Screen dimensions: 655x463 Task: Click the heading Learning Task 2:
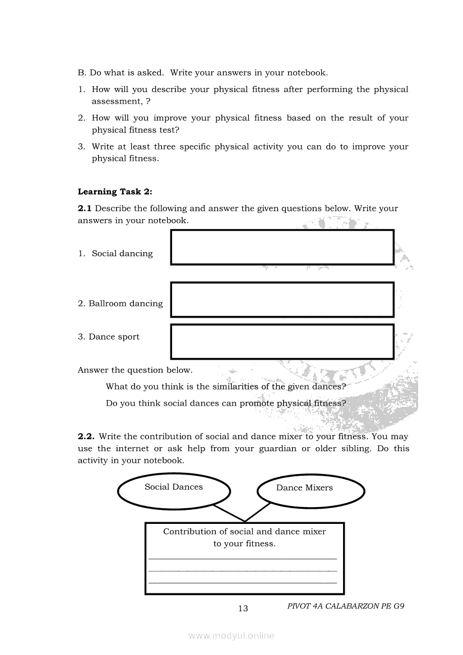pos(115,192)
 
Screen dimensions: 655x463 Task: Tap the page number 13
pos(243,608)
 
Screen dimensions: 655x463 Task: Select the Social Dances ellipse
pos(174,491)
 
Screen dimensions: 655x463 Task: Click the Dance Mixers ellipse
pos(311,491)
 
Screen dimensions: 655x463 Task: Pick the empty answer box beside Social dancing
pos(282,247)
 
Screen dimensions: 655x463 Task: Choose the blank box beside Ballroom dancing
pos(282,300)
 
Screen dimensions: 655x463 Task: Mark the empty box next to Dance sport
pos(282,341)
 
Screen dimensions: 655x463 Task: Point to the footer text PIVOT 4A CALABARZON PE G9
pos(345,606)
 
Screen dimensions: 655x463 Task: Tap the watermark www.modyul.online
pos(231,636)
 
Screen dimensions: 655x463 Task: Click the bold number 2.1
pos(85,208)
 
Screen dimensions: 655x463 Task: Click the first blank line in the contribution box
pos(243,558)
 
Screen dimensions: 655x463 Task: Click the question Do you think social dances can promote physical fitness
pos(225,403)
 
